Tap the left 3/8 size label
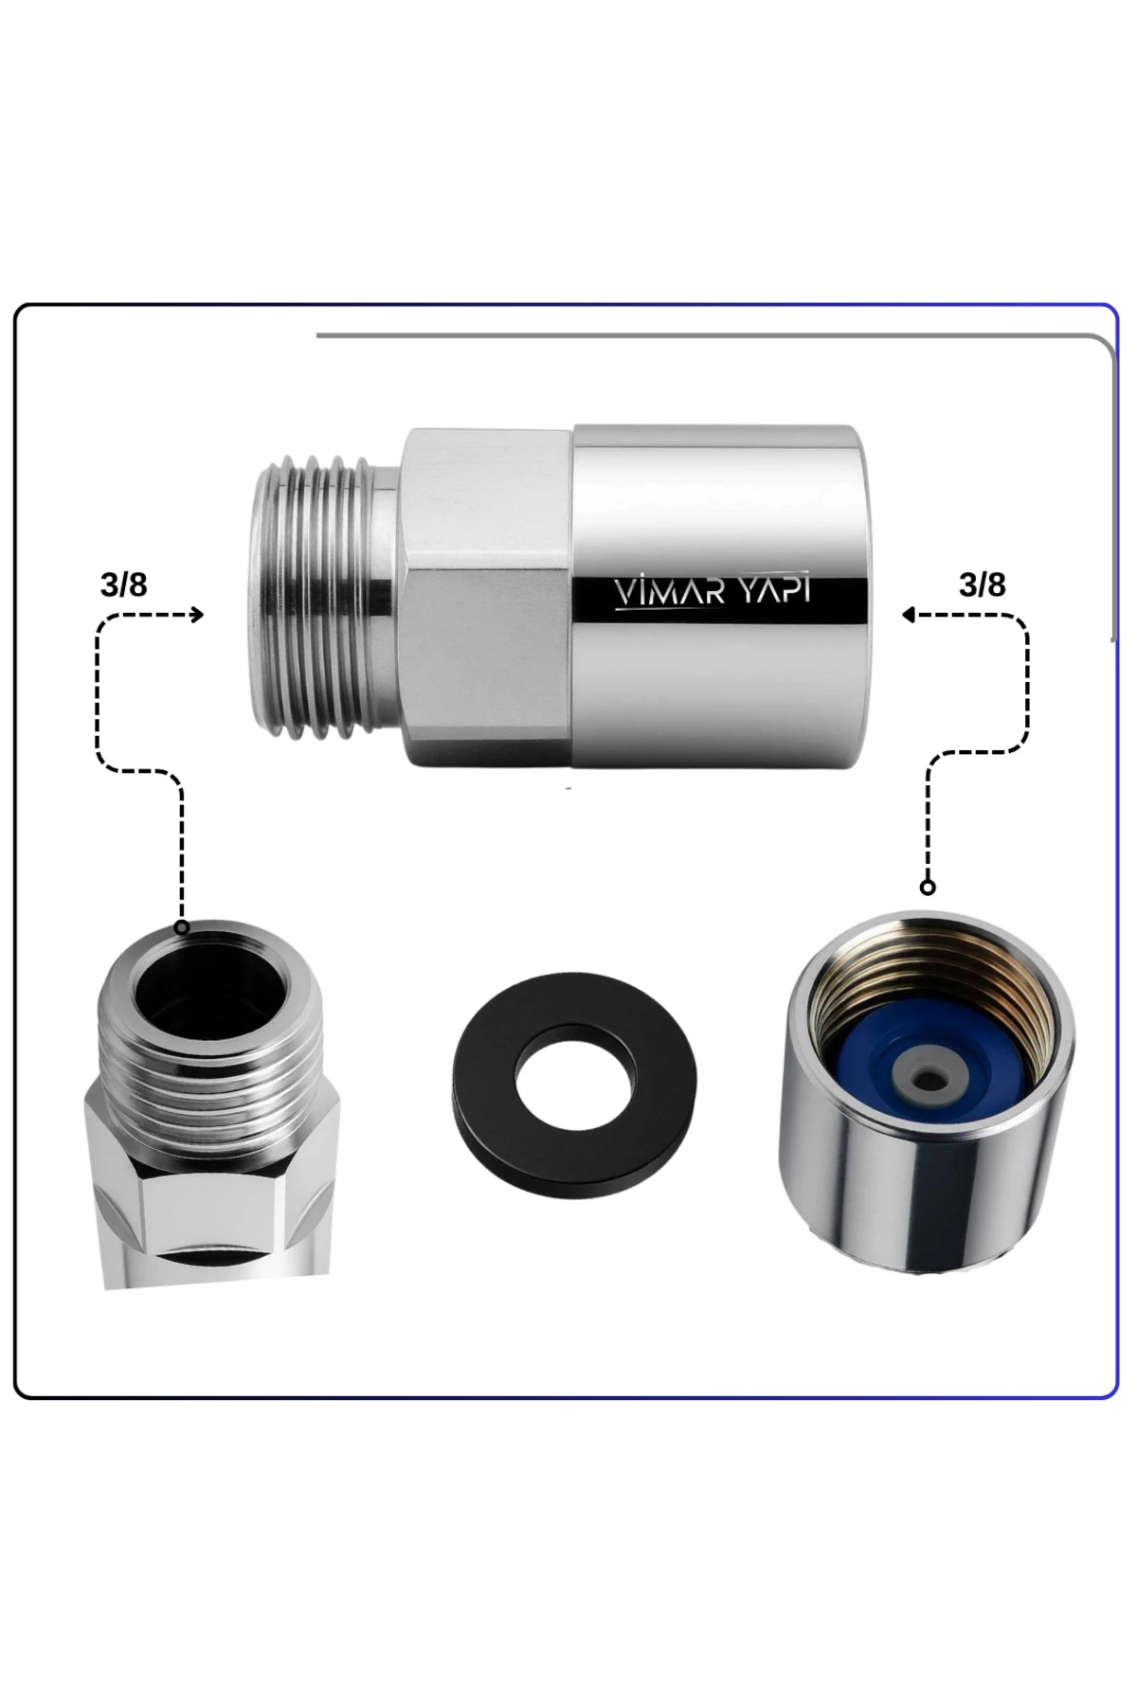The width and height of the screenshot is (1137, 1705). (x=124, y=585)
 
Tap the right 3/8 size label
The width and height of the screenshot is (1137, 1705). (x=983, y=585)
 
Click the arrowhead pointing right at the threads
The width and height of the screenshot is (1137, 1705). (x=197, y=616)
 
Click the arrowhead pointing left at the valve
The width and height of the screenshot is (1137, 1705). (x=908, y=616)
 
